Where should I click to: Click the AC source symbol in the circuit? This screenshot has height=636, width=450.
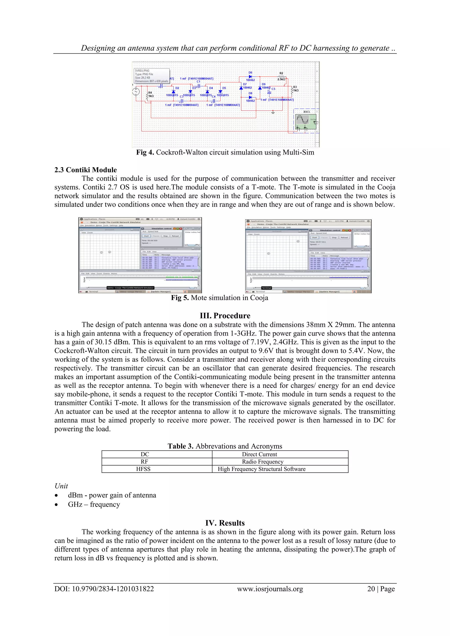point(136,91)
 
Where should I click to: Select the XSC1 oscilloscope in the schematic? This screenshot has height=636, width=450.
point(305,121)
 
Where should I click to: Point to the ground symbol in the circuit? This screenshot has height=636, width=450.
point(273,112)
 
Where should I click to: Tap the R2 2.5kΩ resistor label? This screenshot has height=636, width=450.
point(281,76)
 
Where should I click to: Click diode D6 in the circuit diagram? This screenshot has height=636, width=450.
point(250,76)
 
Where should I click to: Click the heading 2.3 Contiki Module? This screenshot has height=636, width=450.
point(85,170)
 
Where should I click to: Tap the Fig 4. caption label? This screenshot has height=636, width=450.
point(145,152)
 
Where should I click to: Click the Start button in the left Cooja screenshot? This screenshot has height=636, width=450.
point(146,236)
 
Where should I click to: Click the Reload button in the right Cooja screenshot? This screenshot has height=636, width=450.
point(344,237)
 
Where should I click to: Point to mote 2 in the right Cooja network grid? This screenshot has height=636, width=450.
point(298,241)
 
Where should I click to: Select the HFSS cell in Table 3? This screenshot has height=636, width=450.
point(143,469)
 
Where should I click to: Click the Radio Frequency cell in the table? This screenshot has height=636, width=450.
point(262,461)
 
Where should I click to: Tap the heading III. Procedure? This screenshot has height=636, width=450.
point(225,315)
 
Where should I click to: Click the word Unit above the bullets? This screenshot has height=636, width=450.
point(61,486)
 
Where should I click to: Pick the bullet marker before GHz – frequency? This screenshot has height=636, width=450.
point(56,505)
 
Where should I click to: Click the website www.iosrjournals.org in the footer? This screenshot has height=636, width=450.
point(270,589)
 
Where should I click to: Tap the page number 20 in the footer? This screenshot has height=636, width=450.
point(371,589)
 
